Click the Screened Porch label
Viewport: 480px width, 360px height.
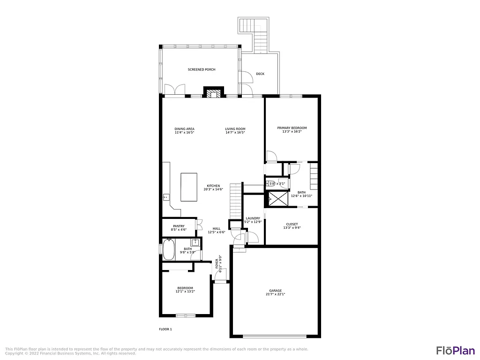tap(202, 69)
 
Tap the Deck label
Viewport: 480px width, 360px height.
tap(260, 74)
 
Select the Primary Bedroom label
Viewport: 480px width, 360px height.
tap(292, 128)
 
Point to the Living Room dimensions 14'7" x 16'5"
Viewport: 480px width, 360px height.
tap(235, 133)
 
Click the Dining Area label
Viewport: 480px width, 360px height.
tap(184, 129)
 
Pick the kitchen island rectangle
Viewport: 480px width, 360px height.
tap(189, 187)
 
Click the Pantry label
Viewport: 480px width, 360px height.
tap(179, 226)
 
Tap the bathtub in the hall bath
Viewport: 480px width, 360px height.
tap(169, 249)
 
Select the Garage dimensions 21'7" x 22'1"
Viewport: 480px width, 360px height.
tap(275, 294)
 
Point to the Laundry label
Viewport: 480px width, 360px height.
tap(253, 218)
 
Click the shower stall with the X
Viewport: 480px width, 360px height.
tap(277, 199)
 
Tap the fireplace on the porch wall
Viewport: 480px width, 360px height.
tap(213, 93)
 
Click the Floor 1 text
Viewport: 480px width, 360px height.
tap(165, 329)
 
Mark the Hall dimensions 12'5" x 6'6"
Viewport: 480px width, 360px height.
tap(217, 232)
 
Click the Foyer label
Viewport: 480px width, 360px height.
tap(217, 264)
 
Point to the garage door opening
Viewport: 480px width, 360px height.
tap(275, 336)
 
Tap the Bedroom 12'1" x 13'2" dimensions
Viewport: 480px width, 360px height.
tap(185, 292)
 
